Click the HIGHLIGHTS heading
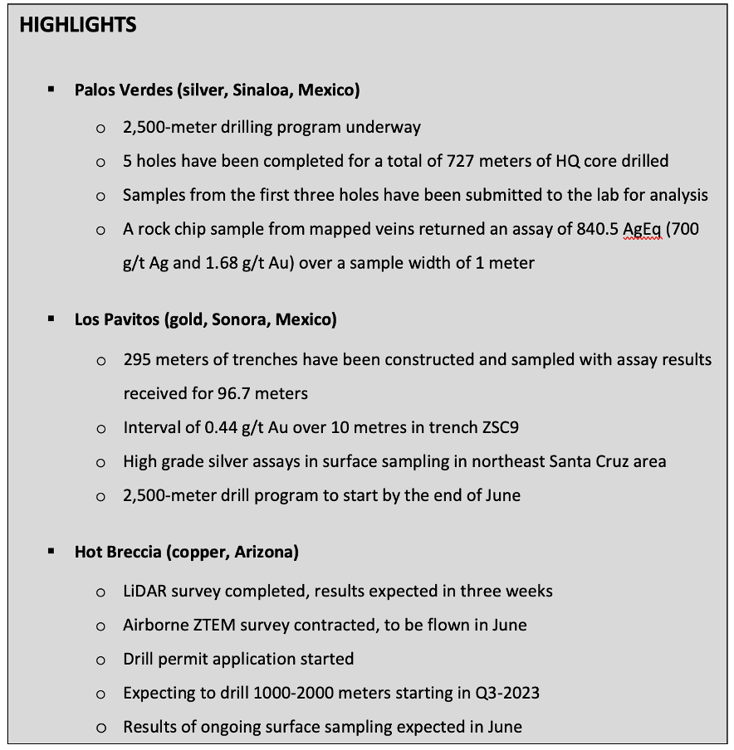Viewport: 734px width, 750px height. point(78,25)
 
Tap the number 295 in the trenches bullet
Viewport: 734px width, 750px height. point(139,359)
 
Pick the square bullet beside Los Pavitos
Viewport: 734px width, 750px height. point(51,319)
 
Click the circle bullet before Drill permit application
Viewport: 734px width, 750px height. point(101,660)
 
